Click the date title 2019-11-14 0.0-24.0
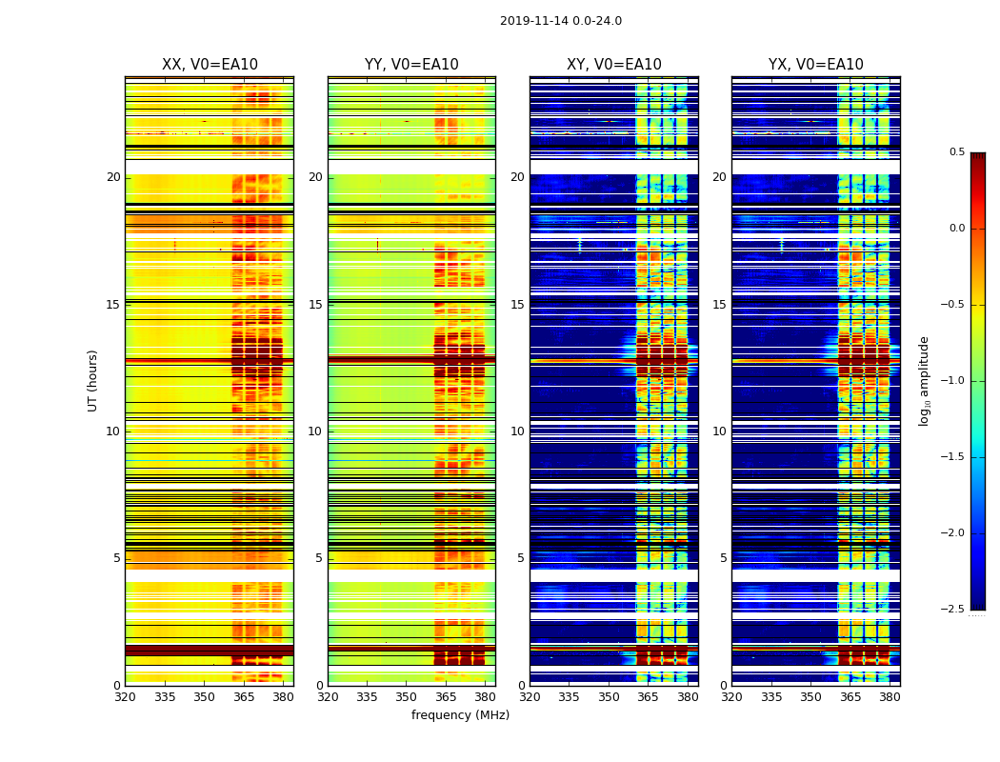pyautogui.click(x=560, y=21)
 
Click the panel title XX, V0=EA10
pyautogui.click(x=210, y=65)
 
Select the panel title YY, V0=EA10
pyautogui.click(x=411, y=65)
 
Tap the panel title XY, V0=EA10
pyautogui.click(x=613, y=65)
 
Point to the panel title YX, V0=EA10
pyautogui.click(x=815, y=65)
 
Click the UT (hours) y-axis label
pyautogui.click(x=92, y=380)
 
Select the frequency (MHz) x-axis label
pyautogui.click(x=460, y=715)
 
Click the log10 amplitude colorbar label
pyautogui.click(x=924, y=380)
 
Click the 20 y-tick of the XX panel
pyautogui.click(x=113, y=177)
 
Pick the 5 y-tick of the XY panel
pyautogui.click(x=520, y=558)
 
